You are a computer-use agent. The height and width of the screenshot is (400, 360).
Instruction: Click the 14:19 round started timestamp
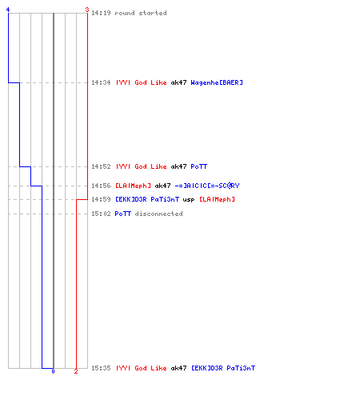click(101, 13)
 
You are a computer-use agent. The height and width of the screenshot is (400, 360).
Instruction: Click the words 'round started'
click(141, 13)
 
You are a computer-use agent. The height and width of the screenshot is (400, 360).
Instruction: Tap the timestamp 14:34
click(101, 82)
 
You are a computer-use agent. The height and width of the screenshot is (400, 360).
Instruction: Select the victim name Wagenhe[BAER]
click(217, 82)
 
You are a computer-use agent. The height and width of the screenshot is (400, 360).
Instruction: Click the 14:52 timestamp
click(101, 166)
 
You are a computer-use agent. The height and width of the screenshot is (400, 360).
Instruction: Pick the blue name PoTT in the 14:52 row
click(199, 166)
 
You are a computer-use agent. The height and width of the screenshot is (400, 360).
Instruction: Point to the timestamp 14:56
click(101, 186)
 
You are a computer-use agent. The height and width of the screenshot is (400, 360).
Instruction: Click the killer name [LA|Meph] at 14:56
click(133, 186)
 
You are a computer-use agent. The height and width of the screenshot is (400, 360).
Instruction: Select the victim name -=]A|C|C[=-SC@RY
click(207, 186)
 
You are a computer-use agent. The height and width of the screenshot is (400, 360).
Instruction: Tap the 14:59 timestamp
click(101, 199)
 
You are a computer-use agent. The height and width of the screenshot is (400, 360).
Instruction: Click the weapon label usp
click(189, 200)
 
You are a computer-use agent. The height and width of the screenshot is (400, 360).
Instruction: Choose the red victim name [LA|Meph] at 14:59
click(217, 199)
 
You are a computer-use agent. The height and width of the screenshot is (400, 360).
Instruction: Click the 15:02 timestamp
click(101, 214)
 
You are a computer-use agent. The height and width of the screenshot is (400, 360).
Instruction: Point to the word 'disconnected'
click(158, 214)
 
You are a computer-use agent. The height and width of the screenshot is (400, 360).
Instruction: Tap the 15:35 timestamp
click(101, 368)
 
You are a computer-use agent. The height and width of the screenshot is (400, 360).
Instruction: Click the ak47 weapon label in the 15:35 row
click(178, 368)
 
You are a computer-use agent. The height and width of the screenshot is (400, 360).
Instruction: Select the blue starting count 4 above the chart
click(8, 10)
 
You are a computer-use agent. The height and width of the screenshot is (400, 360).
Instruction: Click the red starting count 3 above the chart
click(87, 10)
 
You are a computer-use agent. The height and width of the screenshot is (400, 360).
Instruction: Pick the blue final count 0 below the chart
click(53, 371)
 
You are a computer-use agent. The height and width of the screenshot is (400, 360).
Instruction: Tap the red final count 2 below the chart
click(76, 371)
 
